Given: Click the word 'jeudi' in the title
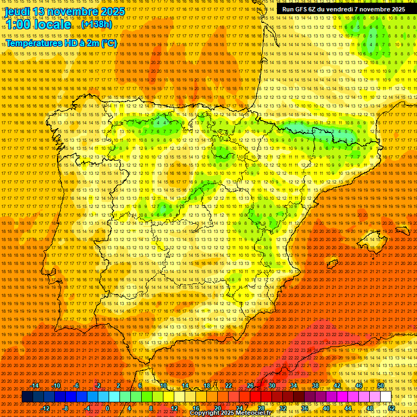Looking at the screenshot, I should (x=17, y=11).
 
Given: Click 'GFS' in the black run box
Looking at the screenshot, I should (x=302, y=9).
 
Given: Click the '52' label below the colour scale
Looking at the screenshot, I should (x=391, y=408).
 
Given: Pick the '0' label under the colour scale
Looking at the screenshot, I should (x=108, y=408).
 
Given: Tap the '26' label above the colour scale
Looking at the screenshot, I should (x=250, y=386).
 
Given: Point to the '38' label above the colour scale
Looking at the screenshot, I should (x=315, y=386).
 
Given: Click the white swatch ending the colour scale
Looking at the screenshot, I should (x=386, y=397).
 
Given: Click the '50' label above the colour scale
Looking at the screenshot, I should (x=381, y=386).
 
